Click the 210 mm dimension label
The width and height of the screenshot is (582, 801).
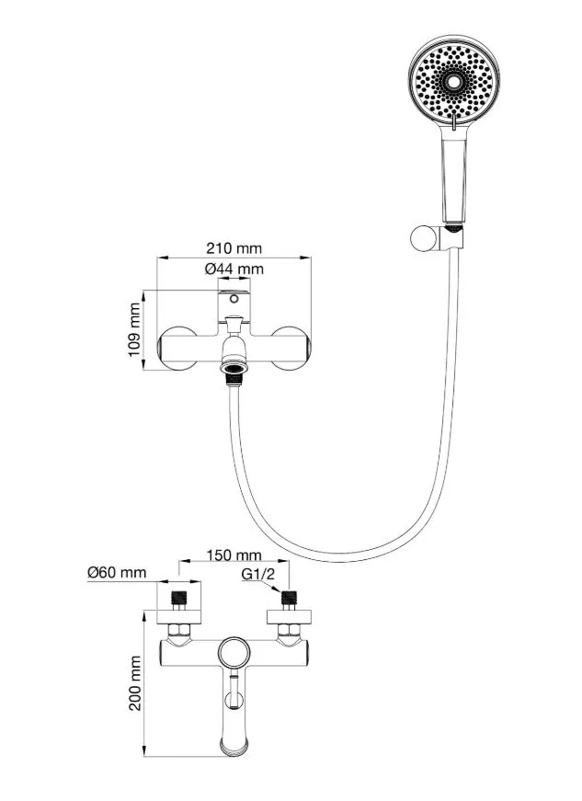(x=234, y=248)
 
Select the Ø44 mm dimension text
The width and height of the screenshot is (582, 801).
(x=234, y=269)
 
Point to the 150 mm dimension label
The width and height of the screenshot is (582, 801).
(x=234, y=555)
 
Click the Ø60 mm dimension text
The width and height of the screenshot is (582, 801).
(x=117, y=573)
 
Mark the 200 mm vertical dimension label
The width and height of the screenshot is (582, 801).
(x=135, y=683)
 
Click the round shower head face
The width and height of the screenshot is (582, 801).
(x=451, y=83)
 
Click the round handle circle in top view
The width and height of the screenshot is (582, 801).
(x=234, y=654)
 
